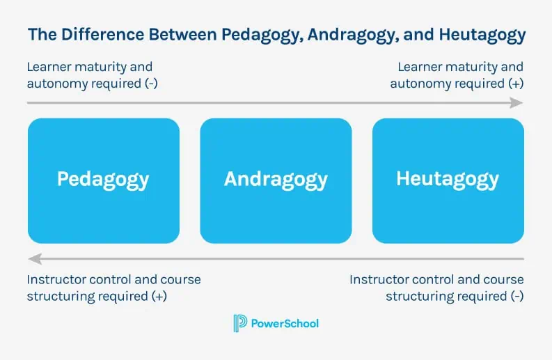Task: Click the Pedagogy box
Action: tap(103, 180)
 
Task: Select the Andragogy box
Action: tap(276, 180)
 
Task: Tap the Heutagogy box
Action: tap(448, 180)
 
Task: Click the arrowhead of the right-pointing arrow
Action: tap(516, 103)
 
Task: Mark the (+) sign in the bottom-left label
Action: tap(159, 295)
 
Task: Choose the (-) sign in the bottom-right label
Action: tap(515, 295)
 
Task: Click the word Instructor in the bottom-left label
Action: tap(56, 279)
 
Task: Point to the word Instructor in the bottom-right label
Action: tap(379, 279)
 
